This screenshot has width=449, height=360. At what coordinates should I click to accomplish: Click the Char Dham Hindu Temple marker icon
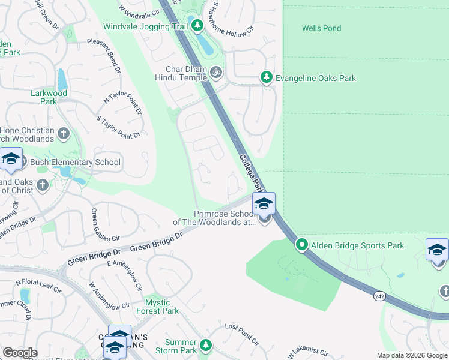coord(216,73)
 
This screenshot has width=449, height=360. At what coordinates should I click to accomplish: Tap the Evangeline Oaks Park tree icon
coord(267,77)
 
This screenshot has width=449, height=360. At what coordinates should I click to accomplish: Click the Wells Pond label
coord(321,28)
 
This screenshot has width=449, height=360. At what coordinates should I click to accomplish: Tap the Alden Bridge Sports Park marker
coord(302,245)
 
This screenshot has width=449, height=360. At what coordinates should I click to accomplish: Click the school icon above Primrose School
coord(263,204)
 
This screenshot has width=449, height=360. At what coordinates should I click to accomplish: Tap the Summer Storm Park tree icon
coord(206,344)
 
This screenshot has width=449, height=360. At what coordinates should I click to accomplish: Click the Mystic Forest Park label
coord(157,307)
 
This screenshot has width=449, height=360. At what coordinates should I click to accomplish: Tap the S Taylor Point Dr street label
coord(118,127)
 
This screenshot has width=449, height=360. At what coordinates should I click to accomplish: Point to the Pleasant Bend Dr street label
coord(104,58)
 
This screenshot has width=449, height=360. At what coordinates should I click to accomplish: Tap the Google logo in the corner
coord(20,352)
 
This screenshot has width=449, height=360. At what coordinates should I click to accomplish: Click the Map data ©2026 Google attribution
coord(411,355)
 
